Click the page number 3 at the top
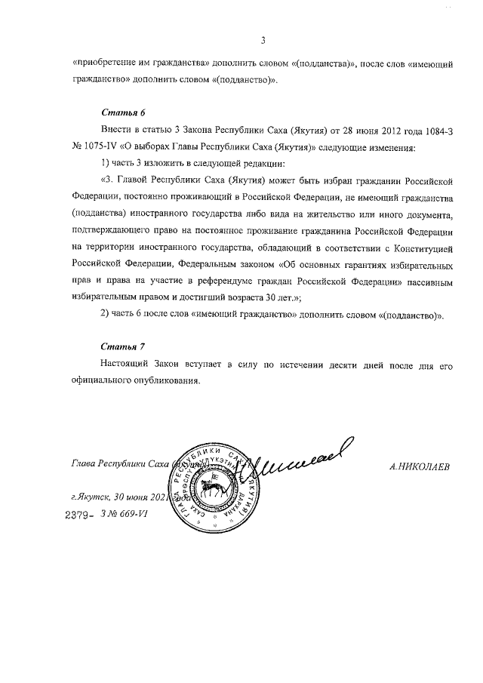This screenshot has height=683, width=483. (262, 40)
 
